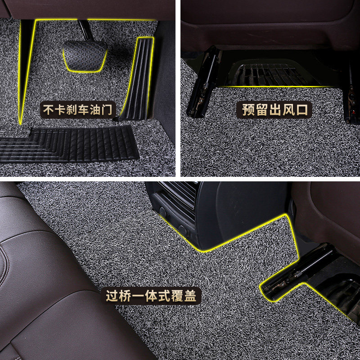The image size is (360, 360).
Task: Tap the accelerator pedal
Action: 138,76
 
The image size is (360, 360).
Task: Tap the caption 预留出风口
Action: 277,109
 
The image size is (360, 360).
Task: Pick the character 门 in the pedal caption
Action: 108,109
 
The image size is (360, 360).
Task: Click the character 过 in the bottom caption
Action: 112,296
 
